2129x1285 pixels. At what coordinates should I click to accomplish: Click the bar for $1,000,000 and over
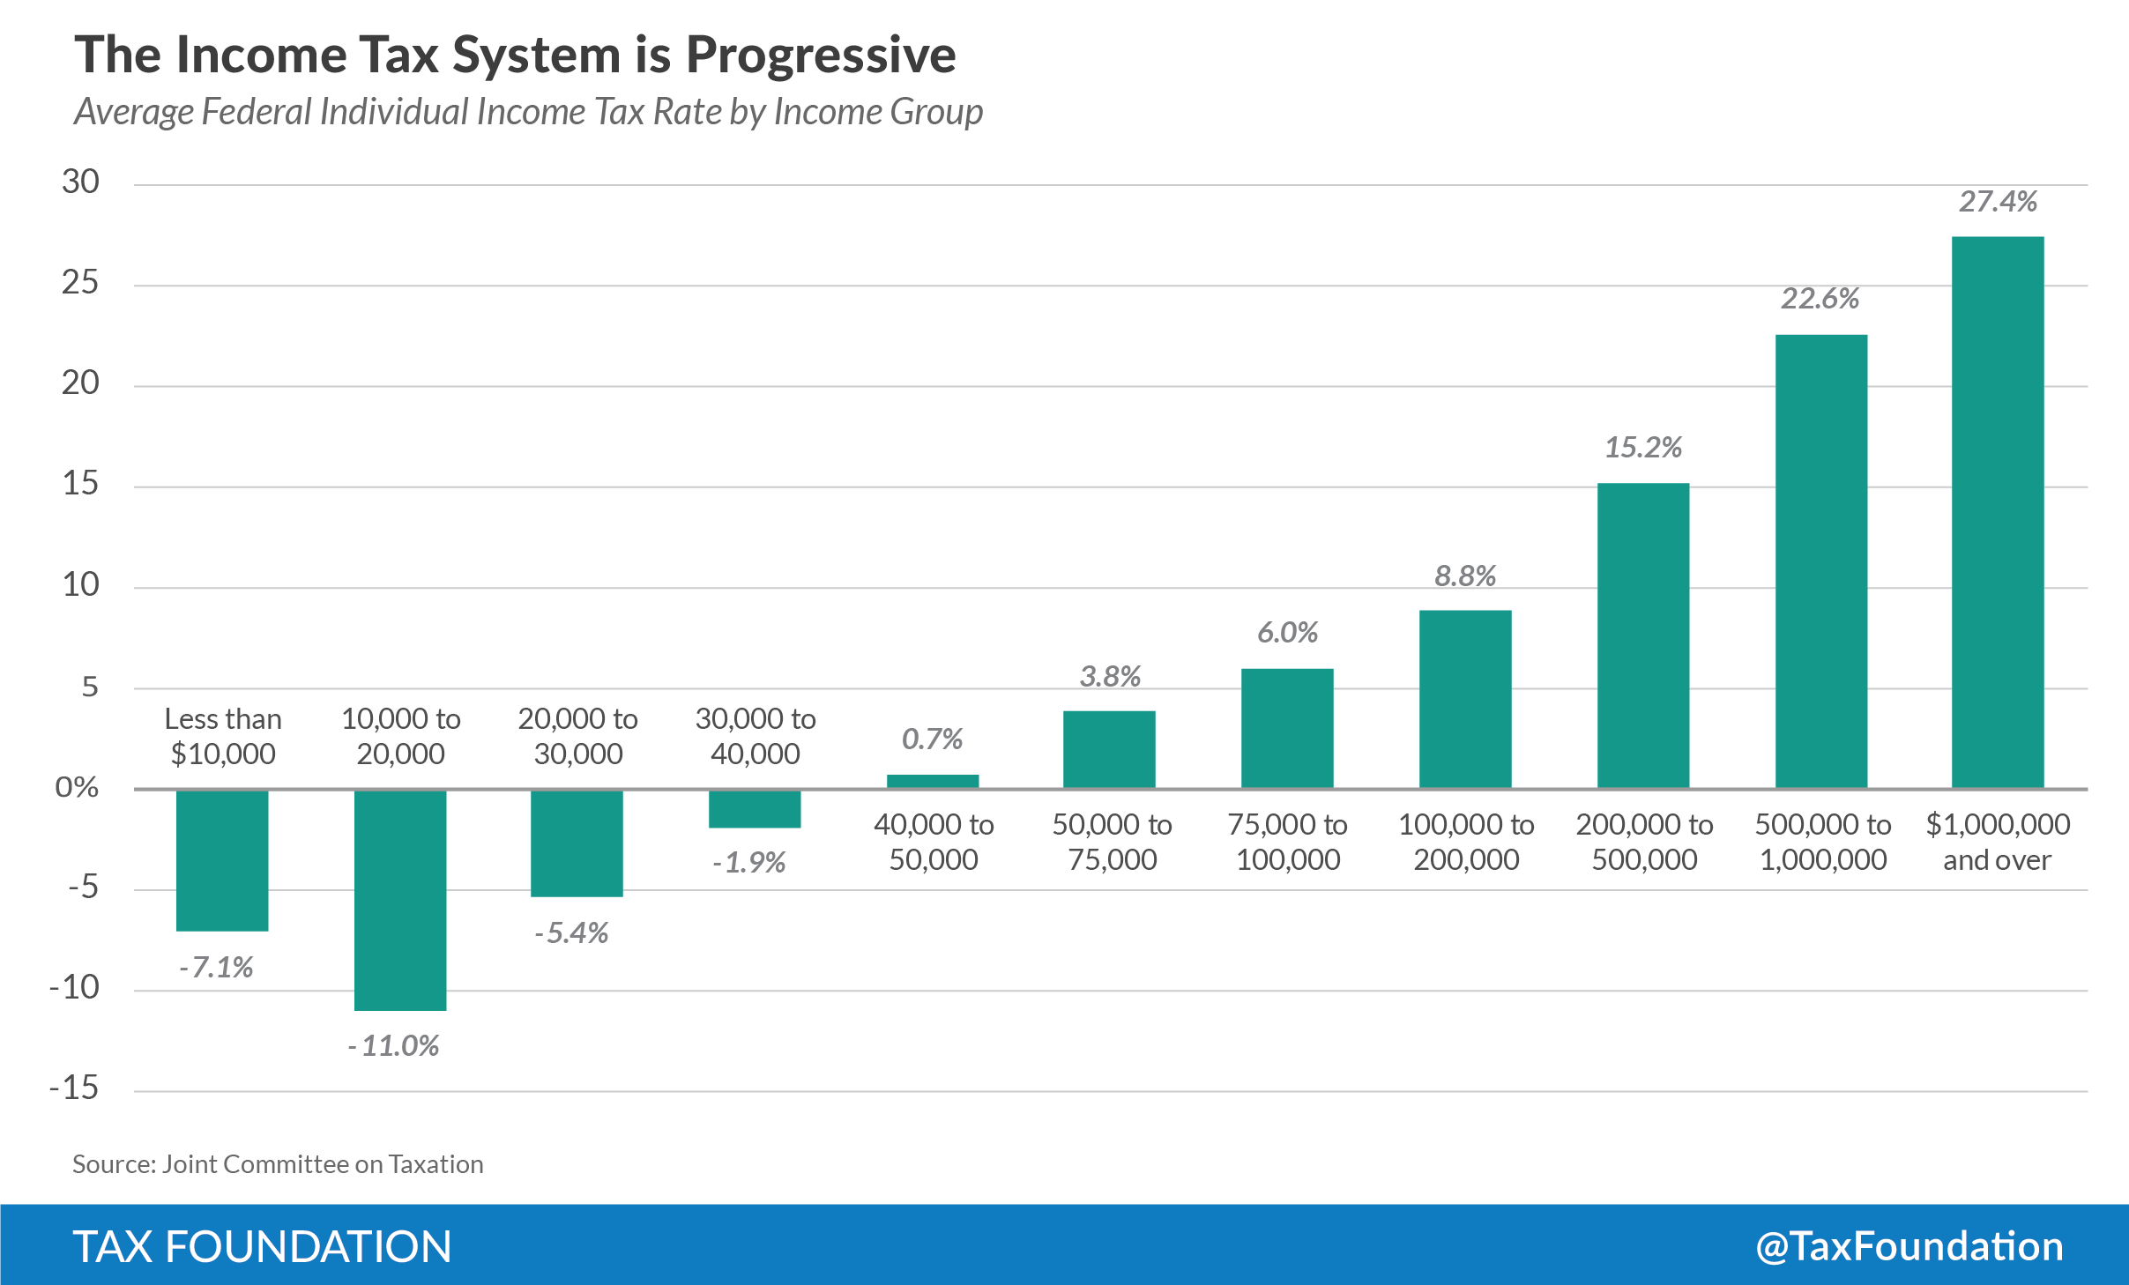click(x=1997, y=512)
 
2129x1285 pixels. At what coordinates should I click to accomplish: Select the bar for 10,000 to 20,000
click(x=400, y=900)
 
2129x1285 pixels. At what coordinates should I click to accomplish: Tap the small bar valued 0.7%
click(x=933, y=781)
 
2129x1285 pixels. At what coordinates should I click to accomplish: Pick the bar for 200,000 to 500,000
click(x=1643, y=635)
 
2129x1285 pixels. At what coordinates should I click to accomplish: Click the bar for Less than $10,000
click(x=222, y=860)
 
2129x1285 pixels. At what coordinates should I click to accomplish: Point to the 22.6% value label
click(x=1820, y=299)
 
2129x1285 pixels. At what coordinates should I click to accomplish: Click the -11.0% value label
click(x=393, y=1046)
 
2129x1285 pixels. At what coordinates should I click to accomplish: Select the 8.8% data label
click(x=1465, y=576)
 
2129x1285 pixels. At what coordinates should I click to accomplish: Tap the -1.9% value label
click(x=749, y=862)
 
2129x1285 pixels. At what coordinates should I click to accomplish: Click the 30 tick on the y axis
click(x=80, y=182)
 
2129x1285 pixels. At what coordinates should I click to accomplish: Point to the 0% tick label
click(x=77, y=787)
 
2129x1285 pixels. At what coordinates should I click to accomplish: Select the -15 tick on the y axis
click(x=75, y=1088)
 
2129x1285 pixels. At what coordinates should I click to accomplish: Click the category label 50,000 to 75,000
click(x=1112, y=842)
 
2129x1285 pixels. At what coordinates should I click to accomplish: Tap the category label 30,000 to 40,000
click(x=756, y=736)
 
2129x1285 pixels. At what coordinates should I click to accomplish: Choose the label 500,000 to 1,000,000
click(x=1822, y=842)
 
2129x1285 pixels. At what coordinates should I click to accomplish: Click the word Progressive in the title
click(x=821, y=55)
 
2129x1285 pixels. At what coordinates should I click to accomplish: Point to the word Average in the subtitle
click(x=133, y=112)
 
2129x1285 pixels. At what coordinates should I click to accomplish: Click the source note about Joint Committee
click(x=278, y=1164)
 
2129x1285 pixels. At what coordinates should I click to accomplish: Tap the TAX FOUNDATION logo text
click(x=262, y=1246)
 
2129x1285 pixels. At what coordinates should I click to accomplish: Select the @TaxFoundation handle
click(x=1909, y=1246)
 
